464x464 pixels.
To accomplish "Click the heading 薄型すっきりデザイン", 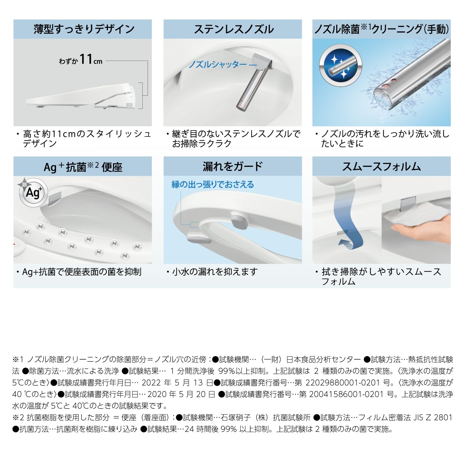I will [x=84, y=29].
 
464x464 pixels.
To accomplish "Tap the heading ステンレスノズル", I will [x=234, y=29].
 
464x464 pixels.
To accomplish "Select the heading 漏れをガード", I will [x=232, y=166].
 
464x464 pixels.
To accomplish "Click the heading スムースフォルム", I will [x=381, y=166].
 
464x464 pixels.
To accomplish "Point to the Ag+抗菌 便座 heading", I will [x=83, y=167].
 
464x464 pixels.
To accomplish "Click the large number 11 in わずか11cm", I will [x=86, y=59].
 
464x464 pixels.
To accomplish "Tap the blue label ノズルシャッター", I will [x=218, y=64].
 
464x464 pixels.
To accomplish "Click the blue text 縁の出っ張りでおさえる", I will [x=213, y=184].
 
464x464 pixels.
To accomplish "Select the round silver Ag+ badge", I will [x=32, y=192].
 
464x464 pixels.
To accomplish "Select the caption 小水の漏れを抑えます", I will [x=215, y=272].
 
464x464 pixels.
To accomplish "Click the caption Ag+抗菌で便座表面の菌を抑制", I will [x=82, y=272].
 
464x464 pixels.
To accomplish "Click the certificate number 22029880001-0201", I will [x=342, y=383].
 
